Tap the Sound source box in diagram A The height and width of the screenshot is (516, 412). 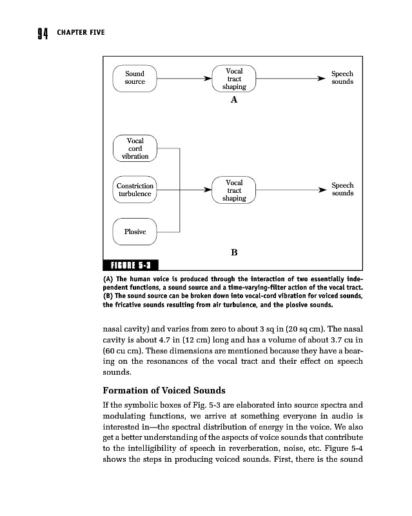coord(135,78)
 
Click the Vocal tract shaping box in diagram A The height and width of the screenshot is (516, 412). coord(234,79)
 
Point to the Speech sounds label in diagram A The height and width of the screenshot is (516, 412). coord(342,78)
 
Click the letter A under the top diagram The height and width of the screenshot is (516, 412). coord(234,100)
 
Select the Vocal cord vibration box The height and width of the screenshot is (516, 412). coord(135,148)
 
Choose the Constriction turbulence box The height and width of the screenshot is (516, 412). coord(135,190)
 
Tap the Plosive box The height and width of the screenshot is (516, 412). coord(135,232)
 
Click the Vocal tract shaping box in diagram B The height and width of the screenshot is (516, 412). coord(234,190)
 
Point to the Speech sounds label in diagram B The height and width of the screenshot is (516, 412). coord(342,190)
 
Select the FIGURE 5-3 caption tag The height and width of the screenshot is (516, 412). coord(131,264)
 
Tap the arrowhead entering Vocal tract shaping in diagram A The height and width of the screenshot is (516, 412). coord(208,79)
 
